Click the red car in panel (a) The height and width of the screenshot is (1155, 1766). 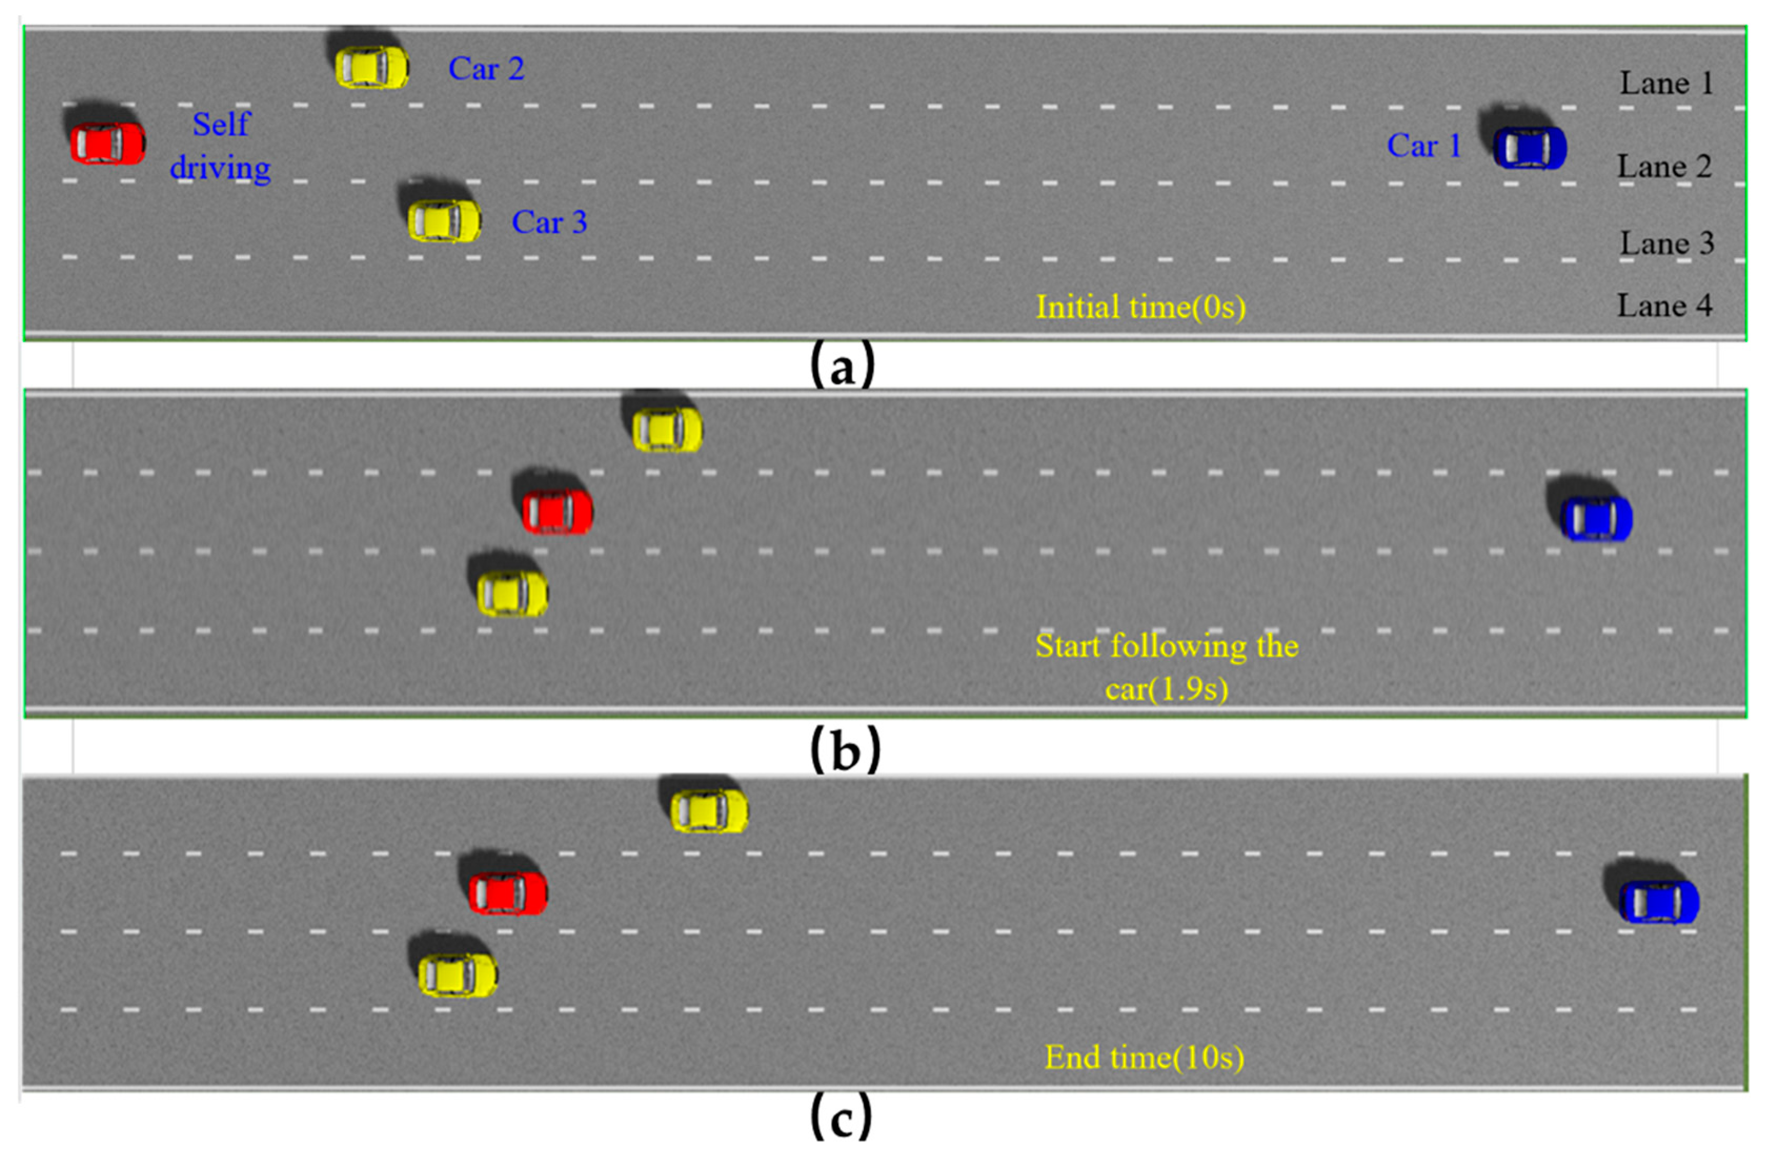[x=108, y=142]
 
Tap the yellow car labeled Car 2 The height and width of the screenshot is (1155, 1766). [x=371, y=67]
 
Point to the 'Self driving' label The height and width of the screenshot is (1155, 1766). [x=220, y=146]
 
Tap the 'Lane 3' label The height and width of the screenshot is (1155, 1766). [x=1667, y=243]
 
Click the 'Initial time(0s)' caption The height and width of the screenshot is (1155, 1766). [x=1141, y=307]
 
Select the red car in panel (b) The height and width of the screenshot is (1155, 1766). [x=557, y=510]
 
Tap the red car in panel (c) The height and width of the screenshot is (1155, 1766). [x=508, y=893]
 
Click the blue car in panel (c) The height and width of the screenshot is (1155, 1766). [x=1658, y=901]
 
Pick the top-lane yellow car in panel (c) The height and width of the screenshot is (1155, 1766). [x=708, y=811]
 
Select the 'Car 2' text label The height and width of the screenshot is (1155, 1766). [x=486, y=69]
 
